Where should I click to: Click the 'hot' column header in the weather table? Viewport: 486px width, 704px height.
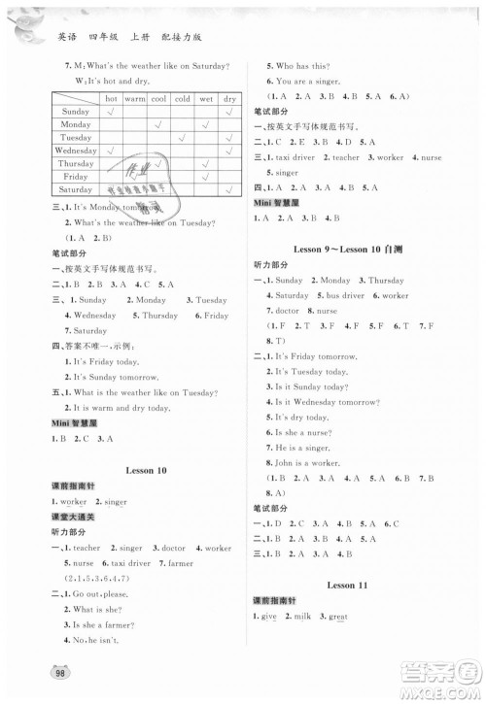click(111, 98)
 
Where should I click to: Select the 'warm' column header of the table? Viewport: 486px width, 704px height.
click(134, 98)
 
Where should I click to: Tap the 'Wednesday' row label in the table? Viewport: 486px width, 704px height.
click(75, 151)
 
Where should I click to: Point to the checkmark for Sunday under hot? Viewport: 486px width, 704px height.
click(111, 112)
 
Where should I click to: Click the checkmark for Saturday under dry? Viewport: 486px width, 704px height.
click(229, 190)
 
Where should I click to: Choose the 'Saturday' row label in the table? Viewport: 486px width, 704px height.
click(75, 190)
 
